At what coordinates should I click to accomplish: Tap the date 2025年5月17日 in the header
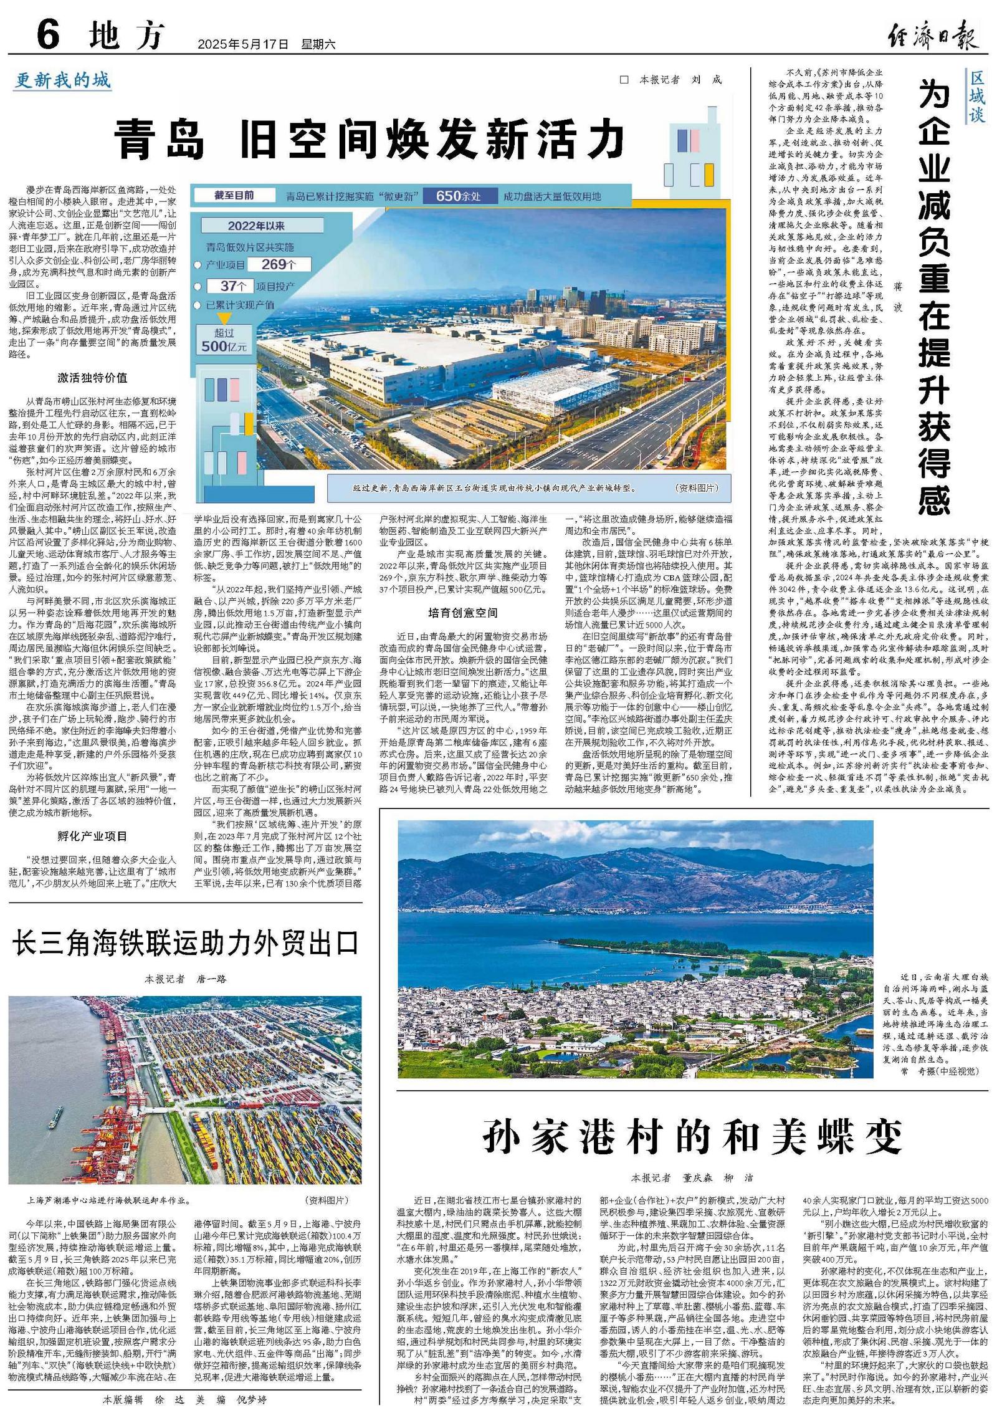[243, 45]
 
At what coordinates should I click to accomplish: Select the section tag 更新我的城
[63, 80]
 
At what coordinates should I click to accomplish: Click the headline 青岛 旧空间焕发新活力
[369, 139]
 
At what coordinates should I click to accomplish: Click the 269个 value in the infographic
[278, 264]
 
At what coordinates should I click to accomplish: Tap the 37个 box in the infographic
[228, 286]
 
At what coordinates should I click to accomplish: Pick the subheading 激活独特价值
[92, 378]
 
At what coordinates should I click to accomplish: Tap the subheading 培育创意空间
[463, 613]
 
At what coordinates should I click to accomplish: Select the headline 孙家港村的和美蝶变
[692, 1137]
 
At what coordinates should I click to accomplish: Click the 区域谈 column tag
[976, 97]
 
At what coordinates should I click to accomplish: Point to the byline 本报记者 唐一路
[185, 979]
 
